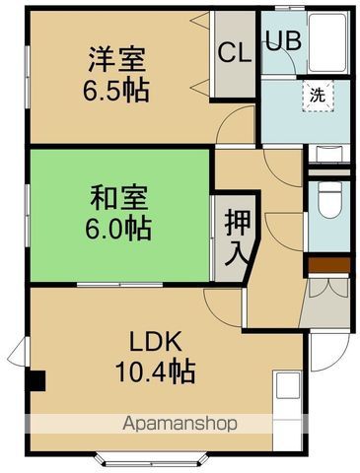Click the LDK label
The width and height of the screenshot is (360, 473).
[x=153, y=342]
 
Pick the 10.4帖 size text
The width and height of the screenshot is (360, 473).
[x=153, y=372]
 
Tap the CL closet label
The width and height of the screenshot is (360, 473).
[x=234, y=52]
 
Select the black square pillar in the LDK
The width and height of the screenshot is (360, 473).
[x=36, y=380]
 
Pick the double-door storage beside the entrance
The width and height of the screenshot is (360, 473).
[x=324, y=290]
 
